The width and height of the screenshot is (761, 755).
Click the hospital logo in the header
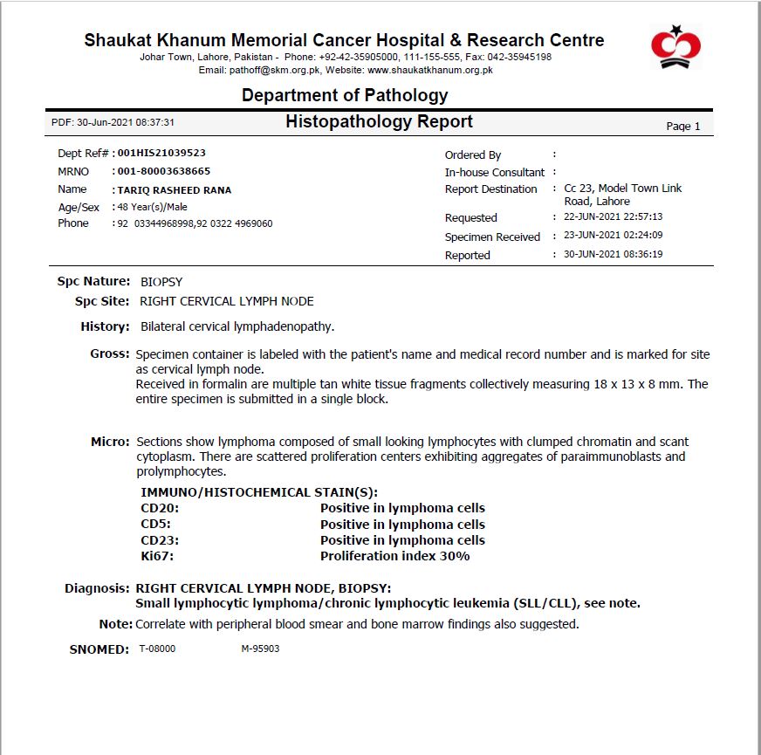[675, 48]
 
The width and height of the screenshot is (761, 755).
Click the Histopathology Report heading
[379, 122]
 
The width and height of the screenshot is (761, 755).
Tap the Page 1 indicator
[683, 127]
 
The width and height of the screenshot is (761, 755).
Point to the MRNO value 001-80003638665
[164, 171]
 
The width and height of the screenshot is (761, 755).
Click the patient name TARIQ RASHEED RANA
[174, 190]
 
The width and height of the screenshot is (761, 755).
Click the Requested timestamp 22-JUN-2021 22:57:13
[614, 217]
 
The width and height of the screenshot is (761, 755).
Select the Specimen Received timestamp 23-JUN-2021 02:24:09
[614, 236]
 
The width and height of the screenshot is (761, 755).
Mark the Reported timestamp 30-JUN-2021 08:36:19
[614, 255]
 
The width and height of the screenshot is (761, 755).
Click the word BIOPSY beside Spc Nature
[161, 282]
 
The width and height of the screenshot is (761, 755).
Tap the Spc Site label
[102, 301]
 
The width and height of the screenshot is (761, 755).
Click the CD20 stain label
[155, 508]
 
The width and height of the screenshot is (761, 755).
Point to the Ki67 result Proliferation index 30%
[394, 556]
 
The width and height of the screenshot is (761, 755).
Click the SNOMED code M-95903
[260, 649]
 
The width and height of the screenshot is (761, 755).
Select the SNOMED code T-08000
[157, 649]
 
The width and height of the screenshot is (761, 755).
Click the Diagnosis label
[97, 588]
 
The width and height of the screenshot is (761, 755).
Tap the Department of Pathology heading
[345, 95]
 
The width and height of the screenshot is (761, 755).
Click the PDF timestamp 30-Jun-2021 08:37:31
[113, 123]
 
